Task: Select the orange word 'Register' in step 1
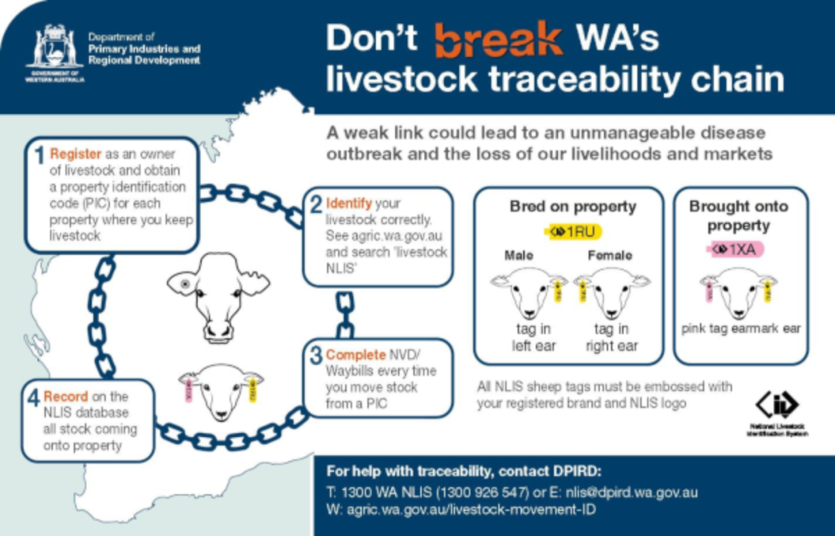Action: [x=76, y=154]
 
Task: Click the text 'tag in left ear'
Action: [x=534, y=337]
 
